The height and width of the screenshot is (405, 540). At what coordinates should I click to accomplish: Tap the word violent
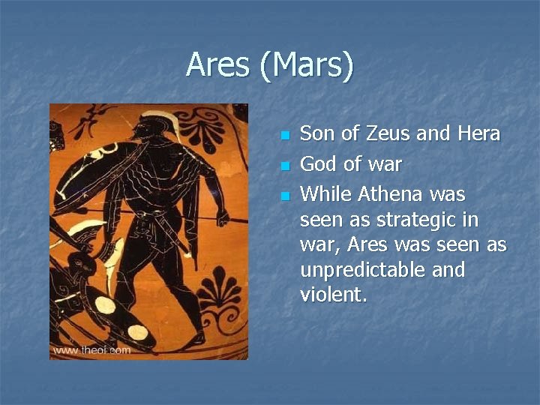click(x=333, y=295)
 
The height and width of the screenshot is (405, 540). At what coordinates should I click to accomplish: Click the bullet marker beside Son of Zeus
click(x=284, y=136)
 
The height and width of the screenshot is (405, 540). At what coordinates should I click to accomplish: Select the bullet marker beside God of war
click(x=284, y=166)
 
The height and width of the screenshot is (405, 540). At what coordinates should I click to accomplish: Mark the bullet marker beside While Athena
click(x=284, y=196)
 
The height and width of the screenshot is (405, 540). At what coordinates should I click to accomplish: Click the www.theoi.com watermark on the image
click(x=91, y=349)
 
